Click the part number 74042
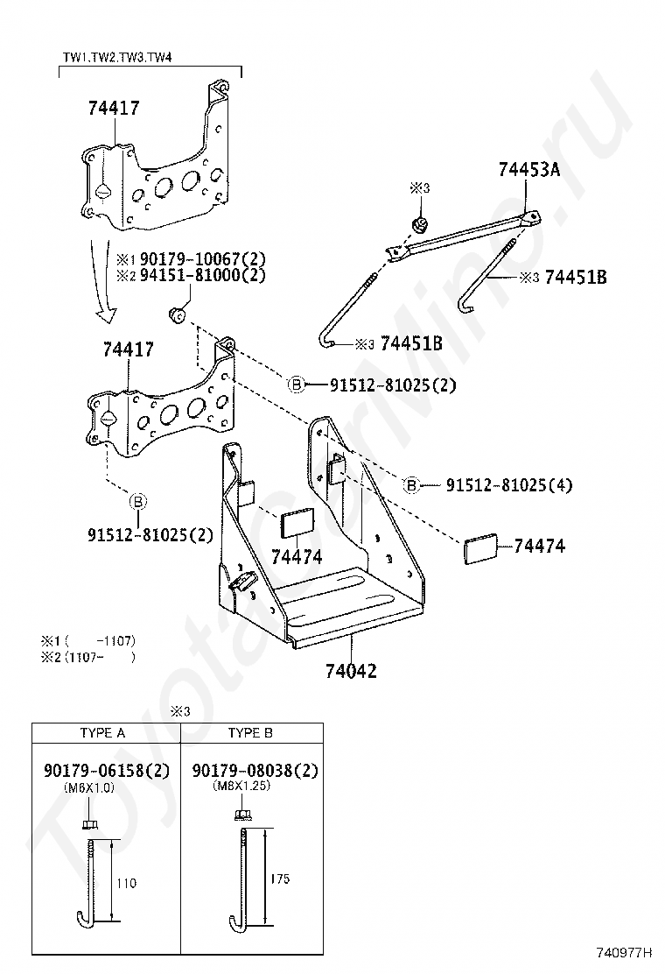pos(351,671)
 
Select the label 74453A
pos(529,169)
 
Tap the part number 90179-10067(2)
pos(202,258)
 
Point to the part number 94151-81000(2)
pos(202,274)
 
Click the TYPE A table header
pos(102,733)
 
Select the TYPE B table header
pos(250,733)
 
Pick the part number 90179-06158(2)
pos(107,770)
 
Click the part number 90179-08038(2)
pos(255,770)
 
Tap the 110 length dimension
pos(127,883)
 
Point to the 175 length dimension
pos(280,879)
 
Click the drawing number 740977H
pos(624,952)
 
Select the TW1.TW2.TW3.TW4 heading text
pos(117,58)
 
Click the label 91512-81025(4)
pos(509,484)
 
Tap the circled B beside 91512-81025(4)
pos(412,484)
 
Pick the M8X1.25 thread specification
pos(241,786)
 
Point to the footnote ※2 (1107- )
pos(87,657)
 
